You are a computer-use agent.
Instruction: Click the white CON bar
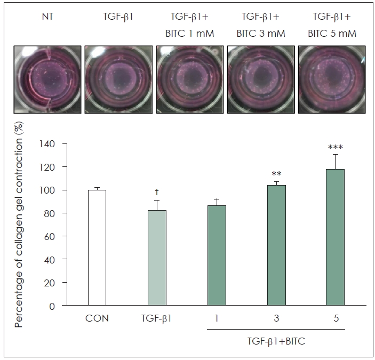(97, 247)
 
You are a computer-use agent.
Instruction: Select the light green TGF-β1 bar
(157, 258)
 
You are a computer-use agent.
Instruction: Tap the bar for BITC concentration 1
(217, 255)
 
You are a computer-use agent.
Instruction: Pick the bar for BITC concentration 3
(276, 245)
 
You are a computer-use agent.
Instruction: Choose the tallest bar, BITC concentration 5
(336, 237)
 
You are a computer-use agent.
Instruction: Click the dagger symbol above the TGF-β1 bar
(157, 191)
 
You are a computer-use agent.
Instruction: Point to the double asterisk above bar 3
(276, 173)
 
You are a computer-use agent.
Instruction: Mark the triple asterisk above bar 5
(336, 147)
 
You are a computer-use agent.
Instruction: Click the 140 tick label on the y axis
(47, 144)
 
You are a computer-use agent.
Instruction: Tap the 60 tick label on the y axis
(49, 236)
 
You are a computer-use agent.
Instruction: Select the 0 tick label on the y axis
(52, 306)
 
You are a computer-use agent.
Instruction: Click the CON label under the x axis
(97, 318)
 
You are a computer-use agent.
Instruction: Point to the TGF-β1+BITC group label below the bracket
(276, 341)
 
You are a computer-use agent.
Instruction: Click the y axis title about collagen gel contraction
(19, 224)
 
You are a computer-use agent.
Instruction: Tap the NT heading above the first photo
(47, 17)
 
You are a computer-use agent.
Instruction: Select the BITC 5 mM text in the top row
(332, 34)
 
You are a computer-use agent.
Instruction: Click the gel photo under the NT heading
(47, 79)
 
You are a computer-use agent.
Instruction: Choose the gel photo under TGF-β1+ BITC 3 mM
(261, 79)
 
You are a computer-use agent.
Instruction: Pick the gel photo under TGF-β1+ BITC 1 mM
(190, 79)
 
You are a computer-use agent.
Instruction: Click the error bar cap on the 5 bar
(336, 155)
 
